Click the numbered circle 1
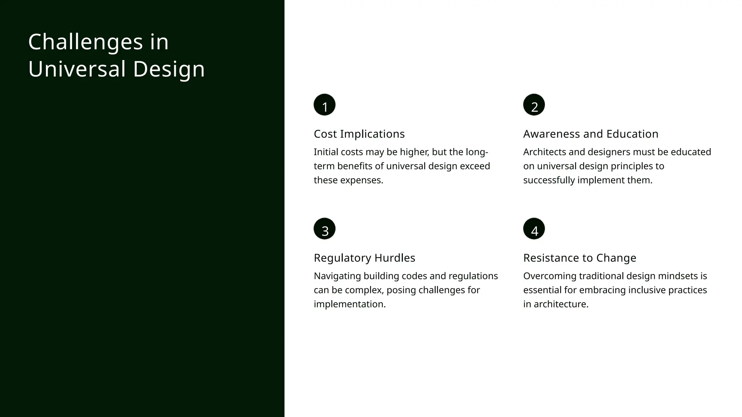pyautogui.click(x=324, y=105)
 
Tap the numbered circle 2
pyautogui.click(x=534, y=105)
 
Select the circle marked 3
pyautogui.click(x=324, y=229)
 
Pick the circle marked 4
pyautogui.click(x=534, y=229)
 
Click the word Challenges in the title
pyautogui.click(x=86, y=42)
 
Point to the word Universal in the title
pyautogui.click(x=77, y=69)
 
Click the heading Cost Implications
pyautogui.click(x=359, y=134)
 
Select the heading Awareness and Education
pyautogui.click(x=591, y=134)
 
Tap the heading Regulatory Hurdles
pyautogui.click(x=364, y=258)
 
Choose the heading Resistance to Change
pyautogui.click(x=580, y=258)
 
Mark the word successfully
pyautogui.click(x=549, y=180)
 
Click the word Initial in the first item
pyautogui.click(x=326, y=152)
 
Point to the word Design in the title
pyautogui.click(x=169, y=69)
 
